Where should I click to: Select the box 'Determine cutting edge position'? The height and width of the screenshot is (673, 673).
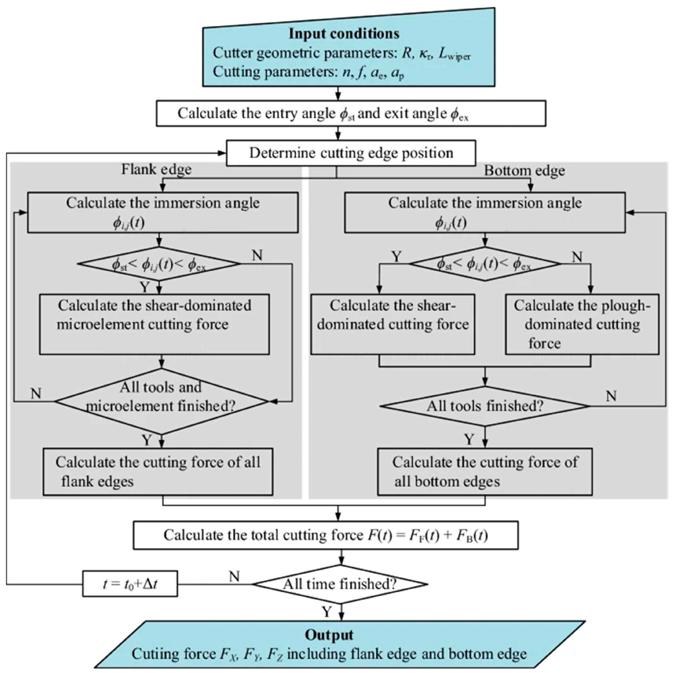click(351, 153)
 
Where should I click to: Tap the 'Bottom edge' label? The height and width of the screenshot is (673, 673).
click(524, 171)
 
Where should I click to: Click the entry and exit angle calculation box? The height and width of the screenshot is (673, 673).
click(351, 113)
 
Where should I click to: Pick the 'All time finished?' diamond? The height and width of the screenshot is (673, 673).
click(340, 584)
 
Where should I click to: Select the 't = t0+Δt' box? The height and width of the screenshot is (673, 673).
click(130, 584)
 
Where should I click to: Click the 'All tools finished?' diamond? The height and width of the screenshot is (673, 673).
click(485, 406)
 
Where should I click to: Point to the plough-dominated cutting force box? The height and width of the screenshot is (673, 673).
click(582, 324)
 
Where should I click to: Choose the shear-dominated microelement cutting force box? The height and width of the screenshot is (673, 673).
click(154, 324)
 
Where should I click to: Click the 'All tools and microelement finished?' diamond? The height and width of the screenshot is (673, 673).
click(161, 401)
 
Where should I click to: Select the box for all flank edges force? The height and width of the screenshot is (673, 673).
click(158, 472)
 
